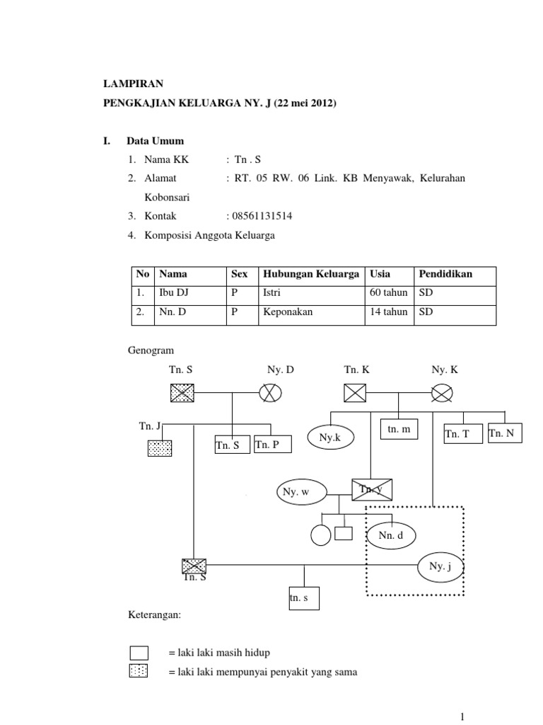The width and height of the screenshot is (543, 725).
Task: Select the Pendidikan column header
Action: [445, 274]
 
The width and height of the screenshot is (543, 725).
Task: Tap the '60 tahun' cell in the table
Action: [388, 292]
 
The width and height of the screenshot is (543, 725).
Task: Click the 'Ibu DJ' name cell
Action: [175, 292]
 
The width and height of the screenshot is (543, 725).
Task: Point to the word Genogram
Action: [151, 350]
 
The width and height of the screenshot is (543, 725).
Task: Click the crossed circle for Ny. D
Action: [270, 392]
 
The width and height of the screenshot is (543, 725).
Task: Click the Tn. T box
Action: [462, 434]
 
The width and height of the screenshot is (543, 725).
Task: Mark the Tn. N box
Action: [505, 433]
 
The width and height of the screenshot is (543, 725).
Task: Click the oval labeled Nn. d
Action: [391, 536]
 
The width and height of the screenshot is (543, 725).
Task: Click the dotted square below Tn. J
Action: [160, 447]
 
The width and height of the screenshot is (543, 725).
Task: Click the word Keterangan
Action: [155, 616]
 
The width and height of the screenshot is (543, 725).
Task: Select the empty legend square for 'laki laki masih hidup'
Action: [139, 652]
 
